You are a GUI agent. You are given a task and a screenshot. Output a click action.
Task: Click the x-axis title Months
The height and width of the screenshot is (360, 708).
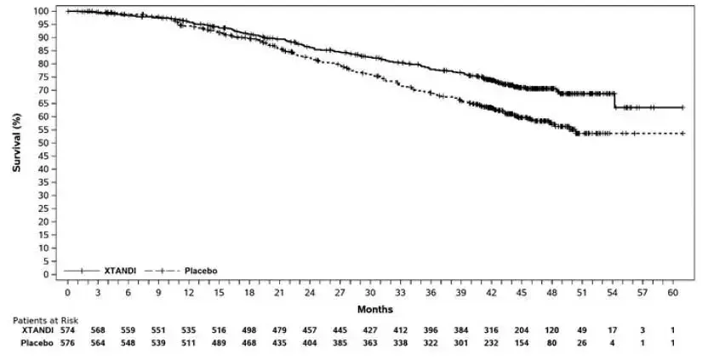coord(374,309)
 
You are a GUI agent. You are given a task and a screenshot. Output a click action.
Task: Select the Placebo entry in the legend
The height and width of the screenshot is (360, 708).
coord(200,270)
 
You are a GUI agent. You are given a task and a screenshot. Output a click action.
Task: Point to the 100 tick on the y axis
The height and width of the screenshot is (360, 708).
coord(41,11)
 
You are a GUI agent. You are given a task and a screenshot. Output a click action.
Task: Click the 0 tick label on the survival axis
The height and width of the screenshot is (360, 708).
coord(46,275)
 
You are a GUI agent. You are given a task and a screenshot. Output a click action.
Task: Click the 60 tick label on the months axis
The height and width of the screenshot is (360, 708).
coord(673,292)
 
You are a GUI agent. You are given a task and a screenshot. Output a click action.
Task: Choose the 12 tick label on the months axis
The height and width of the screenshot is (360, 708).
coord(188,292)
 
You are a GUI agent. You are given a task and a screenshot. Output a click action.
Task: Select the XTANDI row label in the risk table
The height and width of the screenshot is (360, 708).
coord(36,330)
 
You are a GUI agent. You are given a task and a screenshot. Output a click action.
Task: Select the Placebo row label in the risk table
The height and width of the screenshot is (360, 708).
coord(36,342)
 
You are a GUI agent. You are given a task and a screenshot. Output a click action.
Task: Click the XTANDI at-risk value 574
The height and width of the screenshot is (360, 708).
coord(67,330)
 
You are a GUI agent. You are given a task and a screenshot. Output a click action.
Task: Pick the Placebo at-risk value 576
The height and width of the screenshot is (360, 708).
coord(67,342)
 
